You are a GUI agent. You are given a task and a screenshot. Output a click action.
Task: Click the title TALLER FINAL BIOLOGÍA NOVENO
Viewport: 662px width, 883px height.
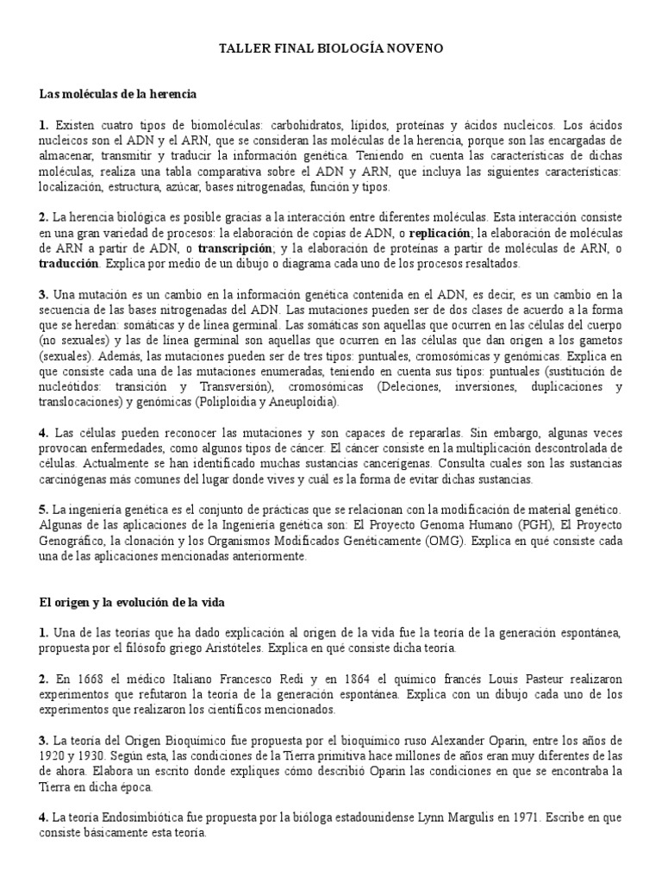pos(331,49)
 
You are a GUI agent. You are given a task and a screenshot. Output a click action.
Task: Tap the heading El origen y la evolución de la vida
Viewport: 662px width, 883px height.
pos(132,600)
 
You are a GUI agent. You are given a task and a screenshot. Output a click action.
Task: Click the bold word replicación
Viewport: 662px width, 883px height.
pos(440,233)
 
